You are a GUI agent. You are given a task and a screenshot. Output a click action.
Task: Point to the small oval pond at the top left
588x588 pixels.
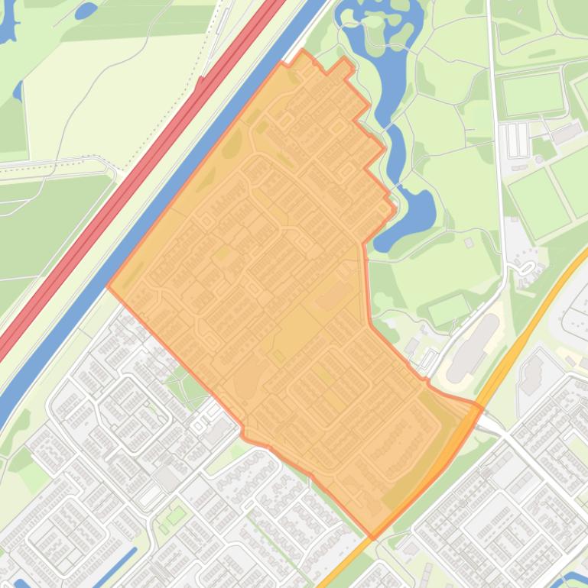(85, 11)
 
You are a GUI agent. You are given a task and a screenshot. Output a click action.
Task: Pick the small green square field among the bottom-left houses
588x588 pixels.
(177, 515)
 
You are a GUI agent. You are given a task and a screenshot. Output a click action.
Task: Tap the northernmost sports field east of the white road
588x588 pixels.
(533, 94)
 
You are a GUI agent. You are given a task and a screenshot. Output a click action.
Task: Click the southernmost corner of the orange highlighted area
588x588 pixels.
(372, 537)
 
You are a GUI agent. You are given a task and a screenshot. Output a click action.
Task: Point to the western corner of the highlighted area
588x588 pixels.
(109, 288)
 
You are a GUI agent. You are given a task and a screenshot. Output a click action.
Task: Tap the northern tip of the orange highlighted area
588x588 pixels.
(304, 51)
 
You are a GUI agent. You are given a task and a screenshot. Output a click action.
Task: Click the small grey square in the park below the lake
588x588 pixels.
(468, 242)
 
